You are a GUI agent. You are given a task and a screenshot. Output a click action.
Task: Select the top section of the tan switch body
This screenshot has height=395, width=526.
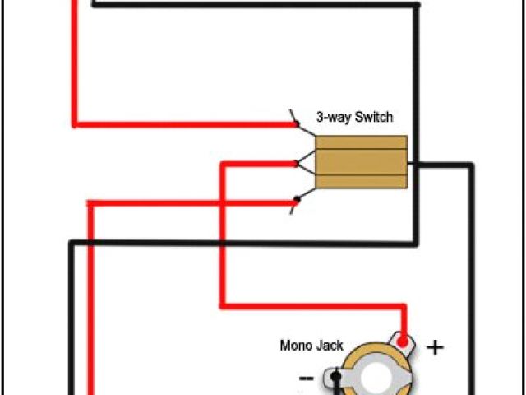362,142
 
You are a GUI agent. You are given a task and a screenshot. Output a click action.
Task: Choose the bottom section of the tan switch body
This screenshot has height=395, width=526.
362,180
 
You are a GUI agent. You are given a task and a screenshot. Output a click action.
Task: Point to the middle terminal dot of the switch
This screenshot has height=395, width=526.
296,163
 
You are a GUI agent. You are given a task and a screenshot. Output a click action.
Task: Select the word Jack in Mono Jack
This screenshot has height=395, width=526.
330,346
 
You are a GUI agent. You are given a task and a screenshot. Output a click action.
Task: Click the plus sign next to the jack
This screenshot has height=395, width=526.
434,347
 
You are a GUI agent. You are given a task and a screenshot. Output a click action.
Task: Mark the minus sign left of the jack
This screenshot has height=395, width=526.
306,378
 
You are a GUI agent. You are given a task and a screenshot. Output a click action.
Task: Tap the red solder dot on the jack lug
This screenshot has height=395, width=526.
402,340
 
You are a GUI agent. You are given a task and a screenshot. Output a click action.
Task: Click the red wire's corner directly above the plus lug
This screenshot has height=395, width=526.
403,307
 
